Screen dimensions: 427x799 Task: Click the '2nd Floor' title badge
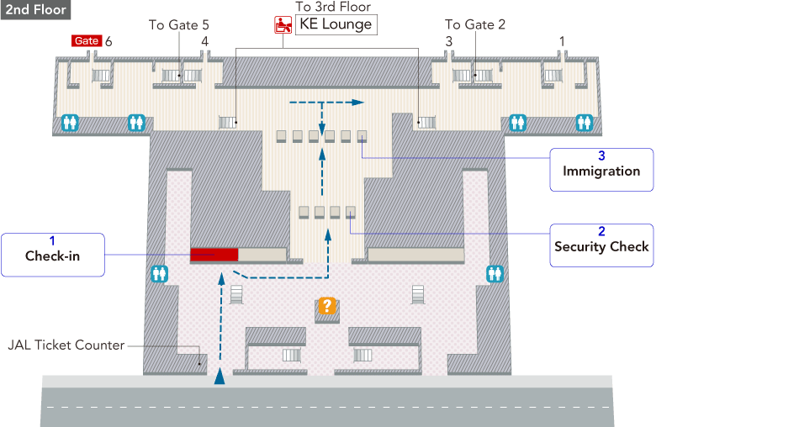(34, 10)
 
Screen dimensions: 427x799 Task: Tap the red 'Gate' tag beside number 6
(87, 40)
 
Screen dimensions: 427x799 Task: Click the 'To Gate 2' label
(475, 25)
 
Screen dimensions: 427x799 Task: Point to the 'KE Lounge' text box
(336, 24)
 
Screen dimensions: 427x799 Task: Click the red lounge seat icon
(283, 25)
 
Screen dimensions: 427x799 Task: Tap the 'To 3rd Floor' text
(333, 7)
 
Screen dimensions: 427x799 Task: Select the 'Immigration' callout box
(601, 171)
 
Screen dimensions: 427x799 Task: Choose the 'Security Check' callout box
(601, 246)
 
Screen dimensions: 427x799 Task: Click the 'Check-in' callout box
(53, 256)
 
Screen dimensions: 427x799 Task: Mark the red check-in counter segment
(214, 255)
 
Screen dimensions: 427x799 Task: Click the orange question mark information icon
(327, 306)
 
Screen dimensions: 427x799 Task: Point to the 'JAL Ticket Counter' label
(66, 345)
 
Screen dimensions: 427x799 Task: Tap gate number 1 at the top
(562, 40)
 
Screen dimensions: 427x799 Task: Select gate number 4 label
(204, 40)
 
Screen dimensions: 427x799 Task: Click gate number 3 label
(448, 40)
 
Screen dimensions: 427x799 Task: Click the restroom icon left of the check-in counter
(159, 273)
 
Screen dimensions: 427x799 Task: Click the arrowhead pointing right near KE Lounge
(358, 102)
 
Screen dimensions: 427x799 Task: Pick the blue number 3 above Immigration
(601, 156)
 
